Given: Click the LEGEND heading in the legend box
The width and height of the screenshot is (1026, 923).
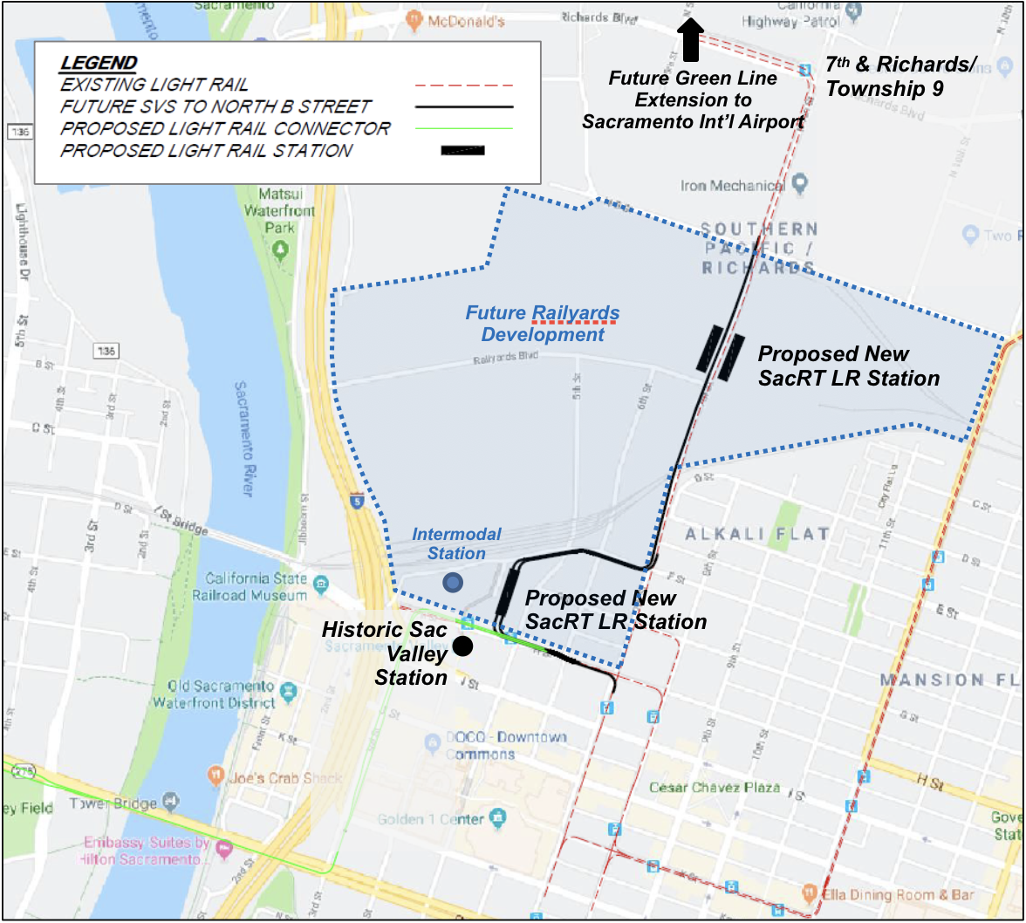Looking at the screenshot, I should pyautogui.click(x=99, y=63).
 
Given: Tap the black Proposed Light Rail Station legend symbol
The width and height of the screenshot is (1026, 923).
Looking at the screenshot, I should pyautogui.click(x=463, y=150).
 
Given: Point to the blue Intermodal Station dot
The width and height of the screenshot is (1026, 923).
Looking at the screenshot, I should pyautogui.click(x=453, y=582).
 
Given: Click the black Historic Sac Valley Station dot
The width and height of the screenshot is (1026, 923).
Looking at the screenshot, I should pyautogui.click(x=462, y=646).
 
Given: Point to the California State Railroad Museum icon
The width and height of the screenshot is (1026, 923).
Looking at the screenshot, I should pyautogui.click(x=322, y=582).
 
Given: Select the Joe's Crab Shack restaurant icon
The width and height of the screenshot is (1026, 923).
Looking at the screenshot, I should pyautogui.click(x=215, y=774).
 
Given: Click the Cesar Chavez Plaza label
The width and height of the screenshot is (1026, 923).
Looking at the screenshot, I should pyautogui.click(x=715, y=788).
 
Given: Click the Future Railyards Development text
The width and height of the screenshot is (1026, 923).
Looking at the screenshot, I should pyautogui.click(x=543, y=324).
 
